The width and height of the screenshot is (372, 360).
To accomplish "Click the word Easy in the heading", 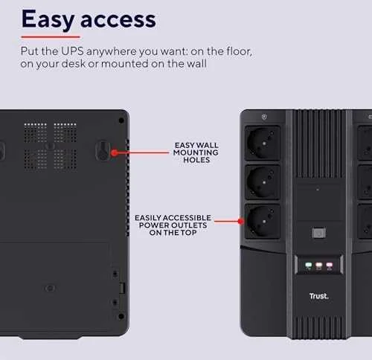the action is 48,19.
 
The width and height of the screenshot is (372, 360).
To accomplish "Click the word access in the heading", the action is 118,20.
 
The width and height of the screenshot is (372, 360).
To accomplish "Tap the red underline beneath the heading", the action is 51,37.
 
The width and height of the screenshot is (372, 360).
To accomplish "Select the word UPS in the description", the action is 72,51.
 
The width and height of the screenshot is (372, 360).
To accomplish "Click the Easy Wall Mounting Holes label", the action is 196,152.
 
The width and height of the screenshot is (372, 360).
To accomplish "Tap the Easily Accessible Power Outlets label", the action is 173,225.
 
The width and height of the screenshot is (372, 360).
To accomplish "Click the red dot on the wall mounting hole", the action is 114,152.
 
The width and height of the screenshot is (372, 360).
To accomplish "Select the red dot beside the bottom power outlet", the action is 240,222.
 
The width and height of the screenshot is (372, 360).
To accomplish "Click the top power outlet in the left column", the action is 263,143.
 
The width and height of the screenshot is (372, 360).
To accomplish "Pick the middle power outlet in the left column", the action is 263,182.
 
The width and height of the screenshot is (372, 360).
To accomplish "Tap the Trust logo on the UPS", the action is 319,296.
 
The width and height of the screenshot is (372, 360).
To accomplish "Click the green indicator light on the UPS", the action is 308,266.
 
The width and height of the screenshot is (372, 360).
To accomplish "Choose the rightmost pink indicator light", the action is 330,266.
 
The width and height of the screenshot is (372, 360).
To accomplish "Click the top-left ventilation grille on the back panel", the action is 35,132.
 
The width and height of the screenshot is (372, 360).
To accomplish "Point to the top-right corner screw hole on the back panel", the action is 121,120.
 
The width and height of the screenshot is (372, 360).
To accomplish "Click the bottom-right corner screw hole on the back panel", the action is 121,316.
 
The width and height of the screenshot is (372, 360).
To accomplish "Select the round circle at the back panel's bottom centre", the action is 50,289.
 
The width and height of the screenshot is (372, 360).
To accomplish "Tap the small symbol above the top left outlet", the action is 264,117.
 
